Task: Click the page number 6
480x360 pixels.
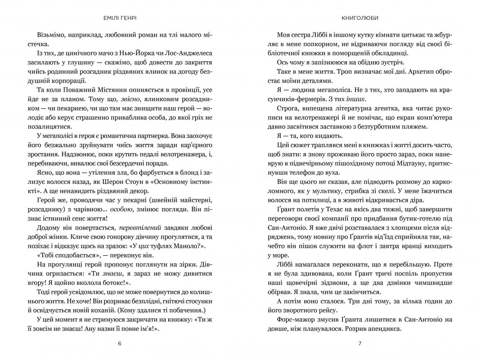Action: coord(120,343)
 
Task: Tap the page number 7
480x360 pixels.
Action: coord(360,343)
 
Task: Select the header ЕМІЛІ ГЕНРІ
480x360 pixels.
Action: coord(120,18)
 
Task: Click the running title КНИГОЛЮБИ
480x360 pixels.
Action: coord(360,18)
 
